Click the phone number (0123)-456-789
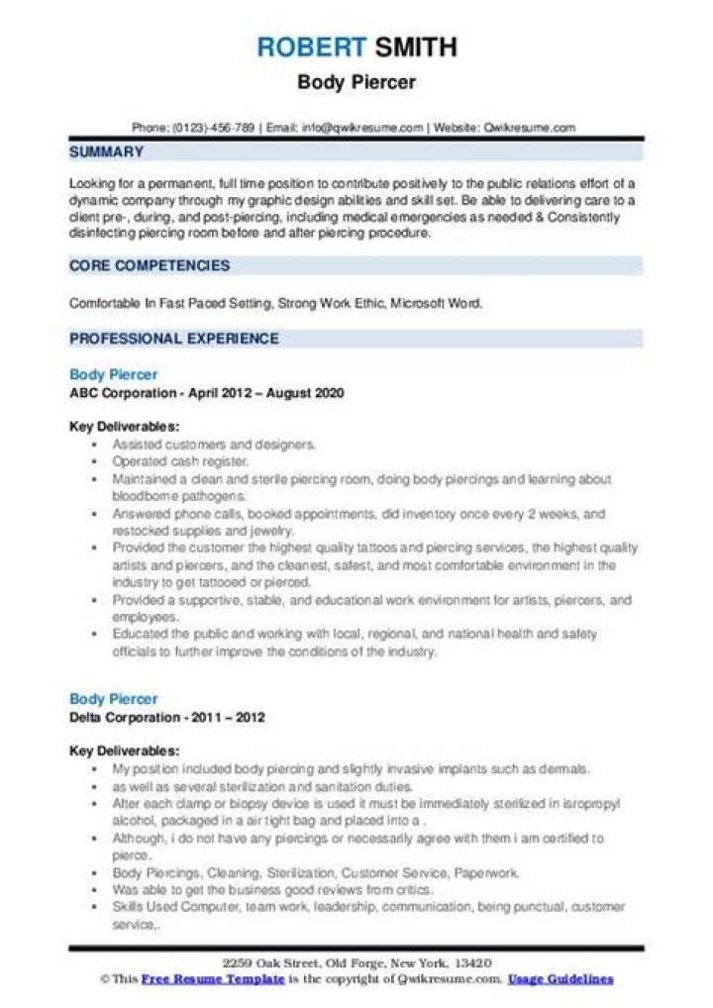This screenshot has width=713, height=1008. (x=215, y=128)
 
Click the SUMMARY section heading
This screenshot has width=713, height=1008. (x=106, y=152)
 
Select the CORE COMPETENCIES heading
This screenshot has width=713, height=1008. (x=149, y=265)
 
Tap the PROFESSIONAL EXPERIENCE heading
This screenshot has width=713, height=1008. (x=173, y=339)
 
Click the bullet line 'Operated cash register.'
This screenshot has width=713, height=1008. (x=166, y=462)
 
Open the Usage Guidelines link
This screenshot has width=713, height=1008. (x=560, y=979)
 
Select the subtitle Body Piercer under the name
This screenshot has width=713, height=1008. (x=356, y=82)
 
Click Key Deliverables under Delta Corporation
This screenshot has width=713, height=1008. (x=124, y=752)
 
